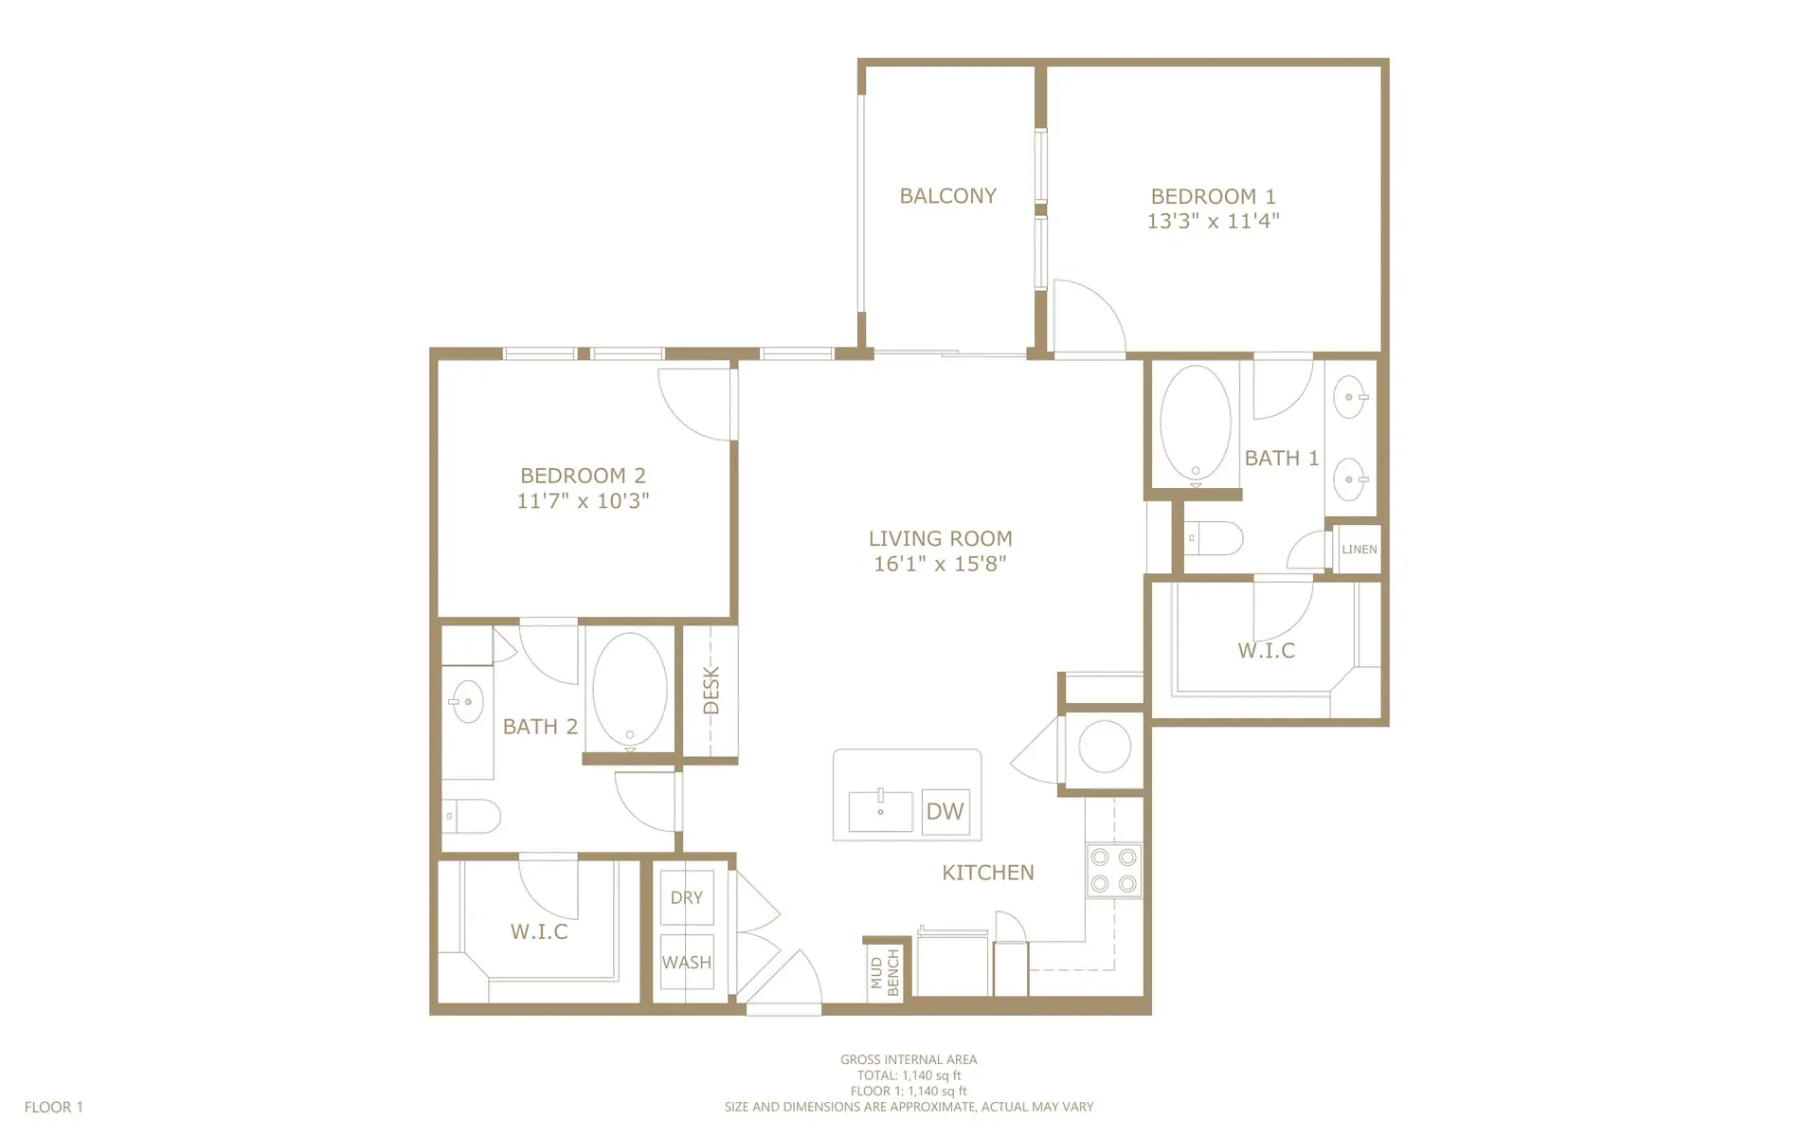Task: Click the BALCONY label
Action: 947,196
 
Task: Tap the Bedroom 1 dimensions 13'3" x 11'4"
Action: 1213,222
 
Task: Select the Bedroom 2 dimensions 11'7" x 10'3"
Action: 583,501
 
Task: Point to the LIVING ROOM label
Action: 940,538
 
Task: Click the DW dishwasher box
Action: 945,811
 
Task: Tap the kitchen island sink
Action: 880,811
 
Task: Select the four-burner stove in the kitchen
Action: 1113,871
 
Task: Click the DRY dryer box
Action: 687,897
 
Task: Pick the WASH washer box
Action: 687,962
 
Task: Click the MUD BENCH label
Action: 885,972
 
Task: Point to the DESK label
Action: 711,690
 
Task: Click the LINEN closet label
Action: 1359,550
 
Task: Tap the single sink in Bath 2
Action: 466,702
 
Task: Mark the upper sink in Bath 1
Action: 1349,398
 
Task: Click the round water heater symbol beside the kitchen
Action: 1104,747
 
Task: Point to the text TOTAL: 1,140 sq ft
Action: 909,1075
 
